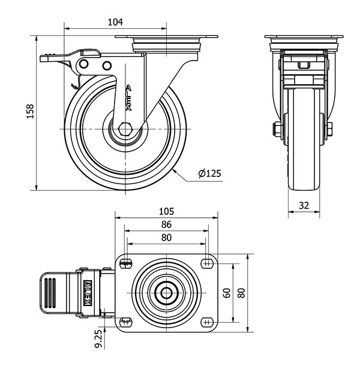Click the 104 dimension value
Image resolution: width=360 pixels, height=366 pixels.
tap(115, 22)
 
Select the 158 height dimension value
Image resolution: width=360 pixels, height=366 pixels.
tap(30, 112)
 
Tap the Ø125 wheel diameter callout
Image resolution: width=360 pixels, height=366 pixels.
tap(209, 173)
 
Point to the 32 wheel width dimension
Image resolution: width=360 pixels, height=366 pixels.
tap(304, 205)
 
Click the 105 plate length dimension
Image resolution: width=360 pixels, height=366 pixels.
tap(166, 211)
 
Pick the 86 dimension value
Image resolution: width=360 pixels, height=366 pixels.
tap(166, 224)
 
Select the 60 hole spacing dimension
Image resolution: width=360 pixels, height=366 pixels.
tap(227, 293)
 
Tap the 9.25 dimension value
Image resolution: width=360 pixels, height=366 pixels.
tap(99, 338)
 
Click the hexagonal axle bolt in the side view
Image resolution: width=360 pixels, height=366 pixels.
tap(125, 129)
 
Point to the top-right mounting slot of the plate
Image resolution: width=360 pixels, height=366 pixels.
tap(207, 264)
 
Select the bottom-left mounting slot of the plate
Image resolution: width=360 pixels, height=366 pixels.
tap(126, 322)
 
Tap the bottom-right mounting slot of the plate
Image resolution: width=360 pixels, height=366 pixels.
tap(207, 322)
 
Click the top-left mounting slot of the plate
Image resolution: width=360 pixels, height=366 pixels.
tap(126, 264)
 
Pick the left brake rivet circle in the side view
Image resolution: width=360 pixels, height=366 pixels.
tap(83, 64)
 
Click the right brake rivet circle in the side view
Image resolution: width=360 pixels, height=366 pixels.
tap(107, 65)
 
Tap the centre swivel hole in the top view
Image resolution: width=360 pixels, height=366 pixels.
tap(166, 293)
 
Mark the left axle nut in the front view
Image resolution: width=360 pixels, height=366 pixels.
tap(277, 130)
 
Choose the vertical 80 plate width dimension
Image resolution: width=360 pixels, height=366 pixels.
tap(242, 293)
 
